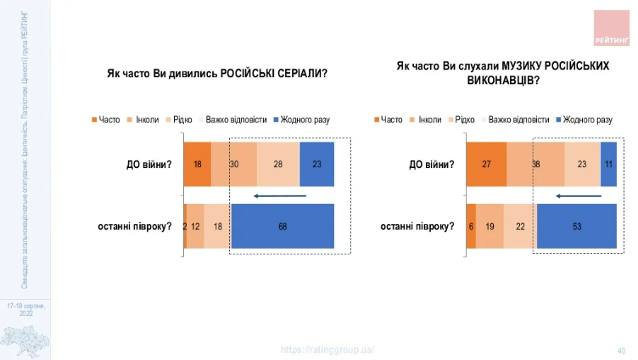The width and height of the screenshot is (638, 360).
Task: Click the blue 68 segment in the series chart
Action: tap(282, 226)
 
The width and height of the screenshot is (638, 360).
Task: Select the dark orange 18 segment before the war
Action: tap(197, 163)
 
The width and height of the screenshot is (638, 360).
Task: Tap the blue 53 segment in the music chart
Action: tap(576, 226)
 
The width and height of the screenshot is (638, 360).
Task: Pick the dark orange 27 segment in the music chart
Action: tap(486, 163)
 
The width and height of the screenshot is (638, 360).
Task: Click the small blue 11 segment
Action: tap(608, 163)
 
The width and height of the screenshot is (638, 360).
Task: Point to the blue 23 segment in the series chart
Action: tap(316, 163)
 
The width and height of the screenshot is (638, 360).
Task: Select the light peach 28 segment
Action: tap(277, 163)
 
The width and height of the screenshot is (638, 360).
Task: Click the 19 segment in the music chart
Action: tap(490, 226)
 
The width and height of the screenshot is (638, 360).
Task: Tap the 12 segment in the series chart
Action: tap(195, 226)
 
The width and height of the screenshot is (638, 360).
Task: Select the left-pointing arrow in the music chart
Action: tap(578, 196)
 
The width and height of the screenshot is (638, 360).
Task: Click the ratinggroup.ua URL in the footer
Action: tap(327, 350)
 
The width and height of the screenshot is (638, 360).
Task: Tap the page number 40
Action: tap(621, 350)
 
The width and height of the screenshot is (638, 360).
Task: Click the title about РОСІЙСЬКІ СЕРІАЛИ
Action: tap(217, 74)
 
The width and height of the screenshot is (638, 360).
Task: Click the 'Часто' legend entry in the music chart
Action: tap(388, 120)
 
